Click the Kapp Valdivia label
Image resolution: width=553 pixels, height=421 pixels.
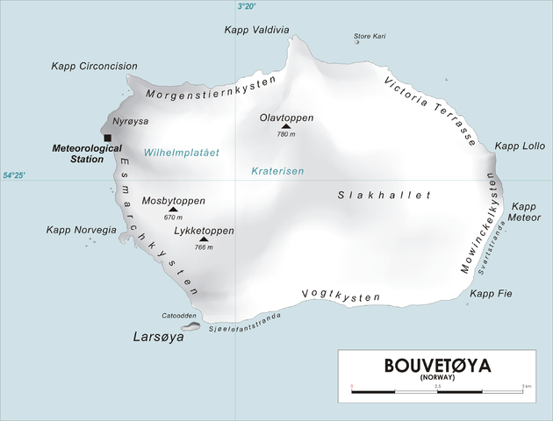pyautogui.click(x=256, y=29)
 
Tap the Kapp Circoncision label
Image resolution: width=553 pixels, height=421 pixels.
pyautogui.click(x=94, y=66)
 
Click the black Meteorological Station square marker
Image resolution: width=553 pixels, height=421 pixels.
pyautogui.click(x=107, y=138)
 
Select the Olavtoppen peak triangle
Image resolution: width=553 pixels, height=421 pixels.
pyautogui.click(x=284, y=126)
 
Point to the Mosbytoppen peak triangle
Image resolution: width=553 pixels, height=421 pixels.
pyautogui.click(x=172, y=210)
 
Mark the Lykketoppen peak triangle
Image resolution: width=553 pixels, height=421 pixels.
pyautogui.click(x=204, y=239)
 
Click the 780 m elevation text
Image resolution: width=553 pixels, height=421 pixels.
pyautogui.click(x=286, y=135)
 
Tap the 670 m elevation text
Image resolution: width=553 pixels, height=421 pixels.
pyautogui.click(x=173, y=218)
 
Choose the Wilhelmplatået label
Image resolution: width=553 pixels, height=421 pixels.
pyautogui.click(x=182, y=153)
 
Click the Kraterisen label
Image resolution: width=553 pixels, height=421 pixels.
pyautogui.click(x=276, y=171)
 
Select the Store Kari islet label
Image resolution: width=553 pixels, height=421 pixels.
pyautogui.click(x=370, y=36)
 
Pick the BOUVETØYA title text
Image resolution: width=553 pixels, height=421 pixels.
pyautogui.click(x=437, y=366)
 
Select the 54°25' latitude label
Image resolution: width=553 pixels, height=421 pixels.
pyautogui.click(x=13, y=176)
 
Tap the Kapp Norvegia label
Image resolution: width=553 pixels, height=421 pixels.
pyautogui.click(x=82, y=230)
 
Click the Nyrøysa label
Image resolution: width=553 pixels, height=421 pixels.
pyautogui.click(x=131, y=122)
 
